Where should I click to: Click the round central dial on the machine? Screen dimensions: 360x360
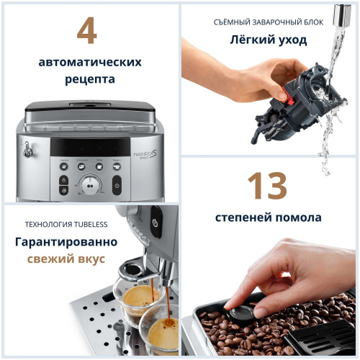[x=90, y=184]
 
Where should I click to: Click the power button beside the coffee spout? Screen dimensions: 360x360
[x=155, y=223]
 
